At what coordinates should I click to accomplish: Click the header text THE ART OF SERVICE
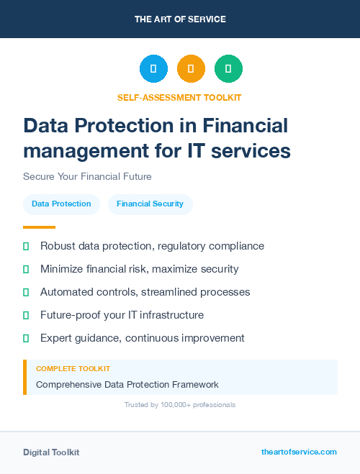(180, 19)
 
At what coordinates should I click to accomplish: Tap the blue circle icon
(153, 69)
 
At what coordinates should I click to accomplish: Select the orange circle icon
(191, 69)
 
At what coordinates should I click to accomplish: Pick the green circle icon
(228, 69)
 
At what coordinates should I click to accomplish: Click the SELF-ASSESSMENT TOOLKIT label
(179, 97)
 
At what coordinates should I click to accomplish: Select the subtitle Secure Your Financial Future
(87, 176)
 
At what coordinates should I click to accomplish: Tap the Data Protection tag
(61, 204)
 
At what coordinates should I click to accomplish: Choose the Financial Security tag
(150, 204)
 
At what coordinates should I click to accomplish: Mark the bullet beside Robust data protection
(26, 247)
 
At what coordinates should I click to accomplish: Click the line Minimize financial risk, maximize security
(139, 269)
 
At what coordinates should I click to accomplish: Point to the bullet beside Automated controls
(26, 292)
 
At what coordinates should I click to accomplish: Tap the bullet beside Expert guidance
(26, 338)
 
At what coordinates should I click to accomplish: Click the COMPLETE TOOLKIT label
(73, 369)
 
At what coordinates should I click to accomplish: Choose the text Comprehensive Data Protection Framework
(127, 385)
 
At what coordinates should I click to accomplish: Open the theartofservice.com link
(299, 452)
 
